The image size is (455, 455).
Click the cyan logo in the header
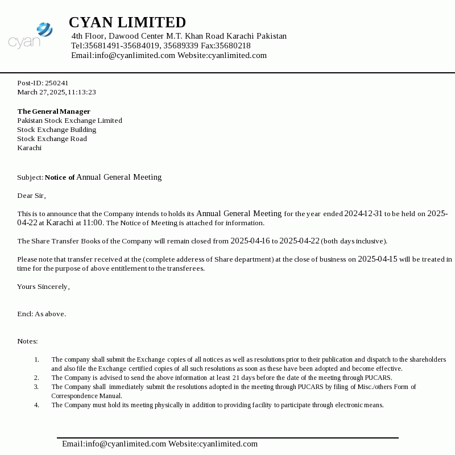tap(31, 35)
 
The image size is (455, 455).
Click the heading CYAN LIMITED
tap(127, 23)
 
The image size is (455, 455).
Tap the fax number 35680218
tap(233, 46)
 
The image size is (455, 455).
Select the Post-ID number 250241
tap(57, 83)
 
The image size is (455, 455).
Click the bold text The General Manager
tap(53, 111)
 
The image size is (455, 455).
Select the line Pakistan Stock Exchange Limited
tap(69, 121)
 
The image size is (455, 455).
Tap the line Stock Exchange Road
tap(52, 139)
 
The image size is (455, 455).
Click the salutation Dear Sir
tap(31, 196)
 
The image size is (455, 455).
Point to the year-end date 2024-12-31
tap(363, 214)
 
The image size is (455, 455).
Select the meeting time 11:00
tap(93, 223)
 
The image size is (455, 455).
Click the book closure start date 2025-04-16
tap(250, 241)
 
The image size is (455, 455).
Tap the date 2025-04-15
tap(378, 259)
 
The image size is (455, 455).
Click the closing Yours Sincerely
tap(43, 287)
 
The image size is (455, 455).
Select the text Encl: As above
tap(42, 314)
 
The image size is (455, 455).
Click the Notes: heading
tap(27, 341)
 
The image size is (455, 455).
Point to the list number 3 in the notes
tap(36, 387)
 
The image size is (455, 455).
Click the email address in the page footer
tap(114, 444)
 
